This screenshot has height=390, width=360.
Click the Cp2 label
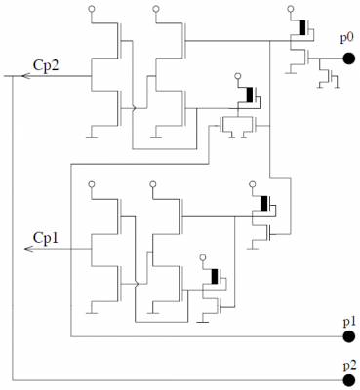pos(46,65)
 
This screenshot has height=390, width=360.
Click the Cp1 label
pos(46,237)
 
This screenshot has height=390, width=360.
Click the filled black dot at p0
pos(346,58)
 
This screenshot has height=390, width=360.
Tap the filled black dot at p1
pos(346,336)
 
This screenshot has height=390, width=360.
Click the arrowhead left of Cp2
pos(9,76)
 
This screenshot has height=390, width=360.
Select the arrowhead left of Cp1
pos(30,249)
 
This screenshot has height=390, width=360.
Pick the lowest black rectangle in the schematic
pos(213,276)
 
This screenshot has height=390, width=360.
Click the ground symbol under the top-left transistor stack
pos(91,136)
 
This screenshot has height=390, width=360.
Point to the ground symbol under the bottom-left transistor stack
pos(91,308)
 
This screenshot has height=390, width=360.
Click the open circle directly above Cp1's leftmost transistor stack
pos(91,182)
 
